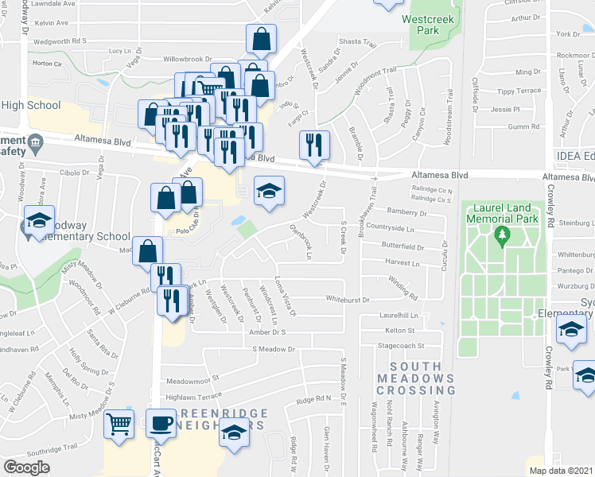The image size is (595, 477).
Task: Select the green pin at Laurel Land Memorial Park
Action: [x=501, y=235]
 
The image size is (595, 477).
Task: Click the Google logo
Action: [x=27, y=467]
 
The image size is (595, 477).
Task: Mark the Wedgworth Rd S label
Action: [x=60, y=40]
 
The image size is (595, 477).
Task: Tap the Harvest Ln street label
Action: [x=402, y=262]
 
